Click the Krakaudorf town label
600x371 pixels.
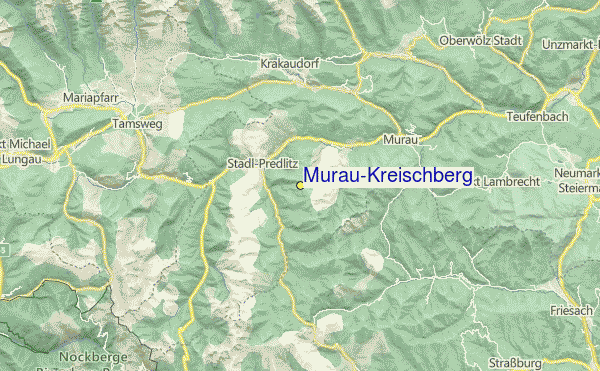click(289, 62)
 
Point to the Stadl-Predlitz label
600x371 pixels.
click(259, 164)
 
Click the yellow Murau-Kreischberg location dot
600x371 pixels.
click(300, 185)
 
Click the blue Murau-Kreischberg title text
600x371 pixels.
click(387, 176)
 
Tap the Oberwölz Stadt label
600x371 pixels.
click(481, 41)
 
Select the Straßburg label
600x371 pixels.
click(515, 362)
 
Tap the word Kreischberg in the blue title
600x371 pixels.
click(419, 176)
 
